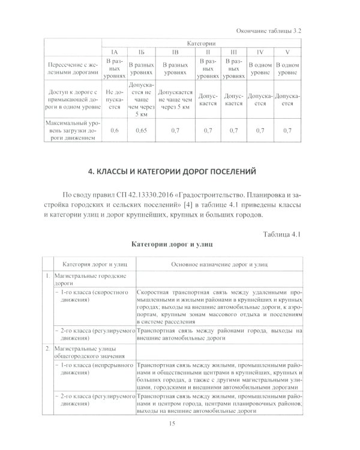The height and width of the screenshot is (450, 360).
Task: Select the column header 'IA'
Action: [115, 53]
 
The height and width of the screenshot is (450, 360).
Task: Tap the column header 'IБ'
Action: [141, 53]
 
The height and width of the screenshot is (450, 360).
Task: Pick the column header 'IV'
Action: [260, 53]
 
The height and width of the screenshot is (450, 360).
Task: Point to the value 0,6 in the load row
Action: [114, 130]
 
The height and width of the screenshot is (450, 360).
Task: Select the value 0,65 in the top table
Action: [141, 130]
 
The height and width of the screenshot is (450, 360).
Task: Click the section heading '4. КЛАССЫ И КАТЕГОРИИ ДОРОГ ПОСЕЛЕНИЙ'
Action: [179, 172]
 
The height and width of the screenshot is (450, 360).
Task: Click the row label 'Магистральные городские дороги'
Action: [90, 279]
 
